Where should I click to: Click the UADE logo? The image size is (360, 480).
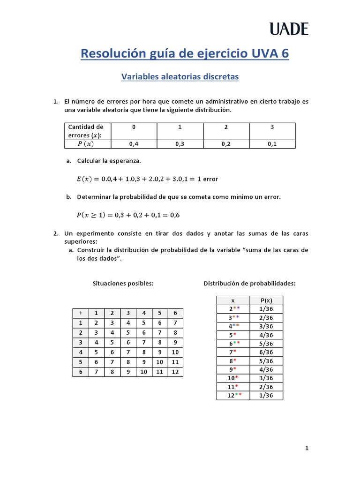pyautogui.click(x=289, y=30)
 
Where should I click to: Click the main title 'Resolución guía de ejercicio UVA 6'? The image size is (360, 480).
pyautogui.click(x=185, y=54)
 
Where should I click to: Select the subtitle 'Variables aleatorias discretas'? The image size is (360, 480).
pyautogui.click(x=180, y=76)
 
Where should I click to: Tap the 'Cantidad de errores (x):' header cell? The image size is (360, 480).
pyautogui.click(x=86, y=131)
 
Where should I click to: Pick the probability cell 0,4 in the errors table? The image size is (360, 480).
pyautogui.click(x=134, y=144)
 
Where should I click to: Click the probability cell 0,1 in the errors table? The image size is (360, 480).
pyautogui.click(x=272, y=144)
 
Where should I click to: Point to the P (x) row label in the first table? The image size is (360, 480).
pyautogui.click(x=86, y=144)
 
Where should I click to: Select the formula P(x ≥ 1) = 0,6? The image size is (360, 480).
pyautogui.click(x=128, y=215)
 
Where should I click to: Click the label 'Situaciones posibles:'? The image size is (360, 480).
pyautogui.click(x=123, y=284)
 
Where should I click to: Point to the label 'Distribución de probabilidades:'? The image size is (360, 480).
pyautogui.click(x=249, y=284)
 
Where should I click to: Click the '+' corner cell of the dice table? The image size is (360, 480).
pyautogui.click(x=81, y=313)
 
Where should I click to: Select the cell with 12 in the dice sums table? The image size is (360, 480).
pyautogui.click(x=175, y=372)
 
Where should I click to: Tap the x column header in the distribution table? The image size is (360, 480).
pyautogui.click(x=233, y=300)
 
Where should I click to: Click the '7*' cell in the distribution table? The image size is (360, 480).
pyautogui.click(x=233, y=352)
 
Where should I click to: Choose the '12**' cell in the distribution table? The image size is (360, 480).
pyautogui.click(x=233, y=395)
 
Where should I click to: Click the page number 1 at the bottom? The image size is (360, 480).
pyautogui.click(x=307, y=448)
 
